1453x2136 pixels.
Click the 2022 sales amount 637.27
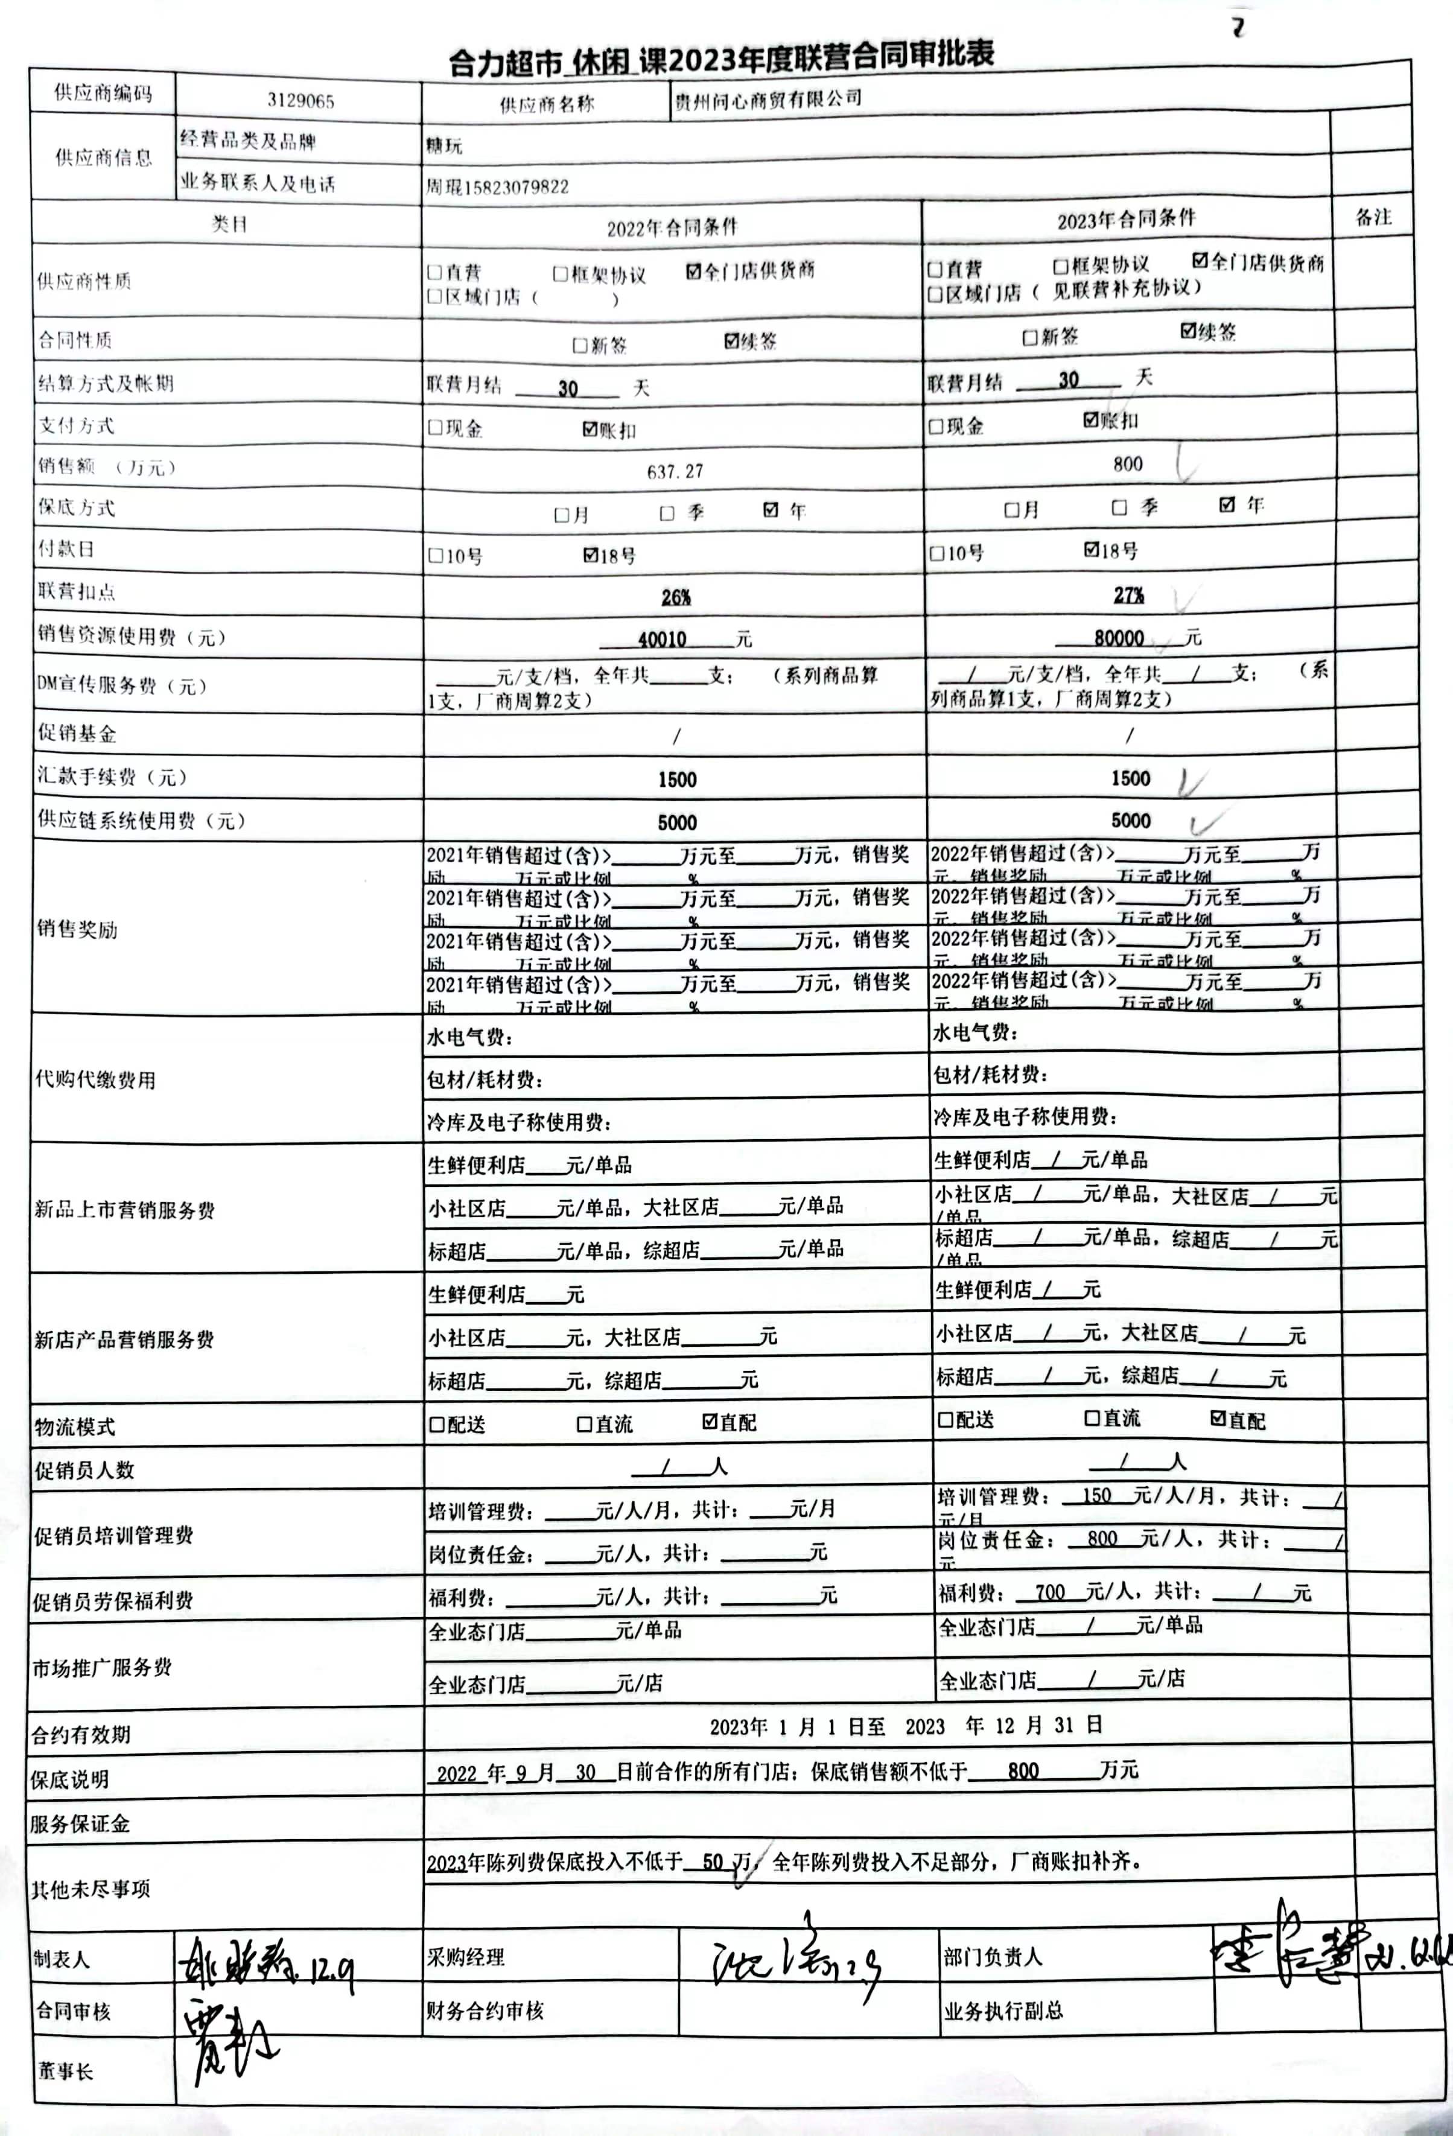tap(675, 471)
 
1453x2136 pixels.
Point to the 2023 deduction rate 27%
tap(1128, 596)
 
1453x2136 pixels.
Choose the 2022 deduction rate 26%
tap(675, 597)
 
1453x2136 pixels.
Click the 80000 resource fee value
tap(1119, 638)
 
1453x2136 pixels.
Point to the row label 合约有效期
tap(81, 1734)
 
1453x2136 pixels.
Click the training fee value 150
tap(1096, 1495)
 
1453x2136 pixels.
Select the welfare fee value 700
tap(1049, 1592)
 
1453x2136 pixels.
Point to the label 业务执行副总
tap(1003, 2010)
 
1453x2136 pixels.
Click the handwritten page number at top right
tap(1238, 28)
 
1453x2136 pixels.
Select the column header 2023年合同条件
tap(1126, 220)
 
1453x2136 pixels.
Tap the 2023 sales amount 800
tap(1128, 464)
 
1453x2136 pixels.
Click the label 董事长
tap(65, 2071)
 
